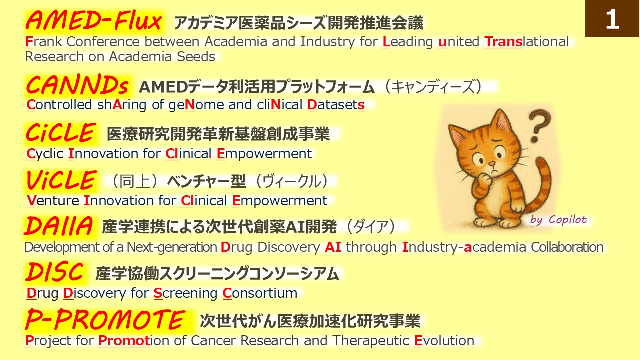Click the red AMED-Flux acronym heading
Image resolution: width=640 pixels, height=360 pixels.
point(93,20)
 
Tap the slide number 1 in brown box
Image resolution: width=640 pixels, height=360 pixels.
point(612,19)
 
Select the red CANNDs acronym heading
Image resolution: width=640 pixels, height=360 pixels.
point(77,85)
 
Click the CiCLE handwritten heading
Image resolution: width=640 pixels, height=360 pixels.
point(60,132)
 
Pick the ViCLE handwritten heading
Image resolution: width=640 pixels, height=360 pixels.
point(61,180)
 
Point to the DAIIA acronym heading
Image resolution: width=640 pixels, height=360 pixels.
point(58,226)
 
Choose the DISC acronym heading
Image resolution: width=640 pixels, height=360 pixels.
point(54,271)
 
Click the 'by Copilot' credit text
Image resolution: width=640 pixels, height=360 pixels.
point(558,220)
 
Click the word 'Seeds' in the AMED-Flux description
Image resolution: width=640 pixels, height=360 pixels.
point(196,56)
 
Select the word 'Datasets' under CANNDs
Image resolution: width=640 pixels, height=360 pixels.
point(336,105)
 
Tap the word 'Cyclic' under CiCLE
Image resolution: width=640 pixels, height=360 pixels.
point(45,154)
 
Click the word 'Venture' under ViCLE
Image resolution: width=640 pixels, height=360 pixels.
point(53,200)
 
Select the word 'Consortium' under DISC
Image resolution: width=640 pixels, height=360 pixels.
point(260,293)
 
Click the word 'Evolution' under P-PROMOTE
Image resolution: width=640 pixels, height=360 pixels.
point(444,340)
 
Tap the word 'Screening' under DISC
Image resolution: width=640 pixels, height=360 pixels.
point(185,293)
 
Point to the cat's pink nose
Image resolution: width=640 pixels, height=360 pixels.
point(492,164)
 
